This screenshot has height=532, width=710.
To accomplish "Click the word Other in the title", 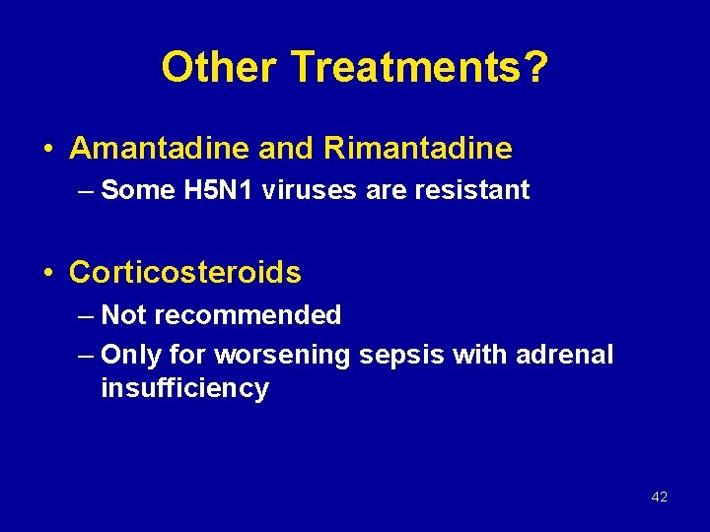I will [x=220, y=68].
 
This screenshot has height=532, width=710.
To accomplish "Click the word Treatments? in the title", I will [x=420, y=68].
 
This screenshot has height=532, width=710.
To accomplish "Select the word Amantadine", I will [x=160, y=149].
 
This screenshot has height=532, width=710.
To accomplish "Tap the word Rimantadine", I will [x=417, y=149].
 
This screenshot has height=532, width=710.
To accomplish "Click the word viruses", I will [x=314, y=190].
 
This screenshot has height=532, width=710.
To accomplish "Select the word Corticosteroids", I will [x=185, y=272].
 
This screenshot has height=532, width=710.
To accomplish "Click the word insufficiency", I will [x=184, y=388].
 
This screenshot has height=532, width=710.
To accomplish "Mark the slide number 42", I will [x=660, y=497].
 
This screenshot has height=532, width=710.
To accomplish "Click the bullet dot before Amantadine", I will [x=48, y=150].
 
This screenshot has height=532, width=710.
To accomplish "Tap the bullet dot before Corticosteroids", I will [x=48, y=273].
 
